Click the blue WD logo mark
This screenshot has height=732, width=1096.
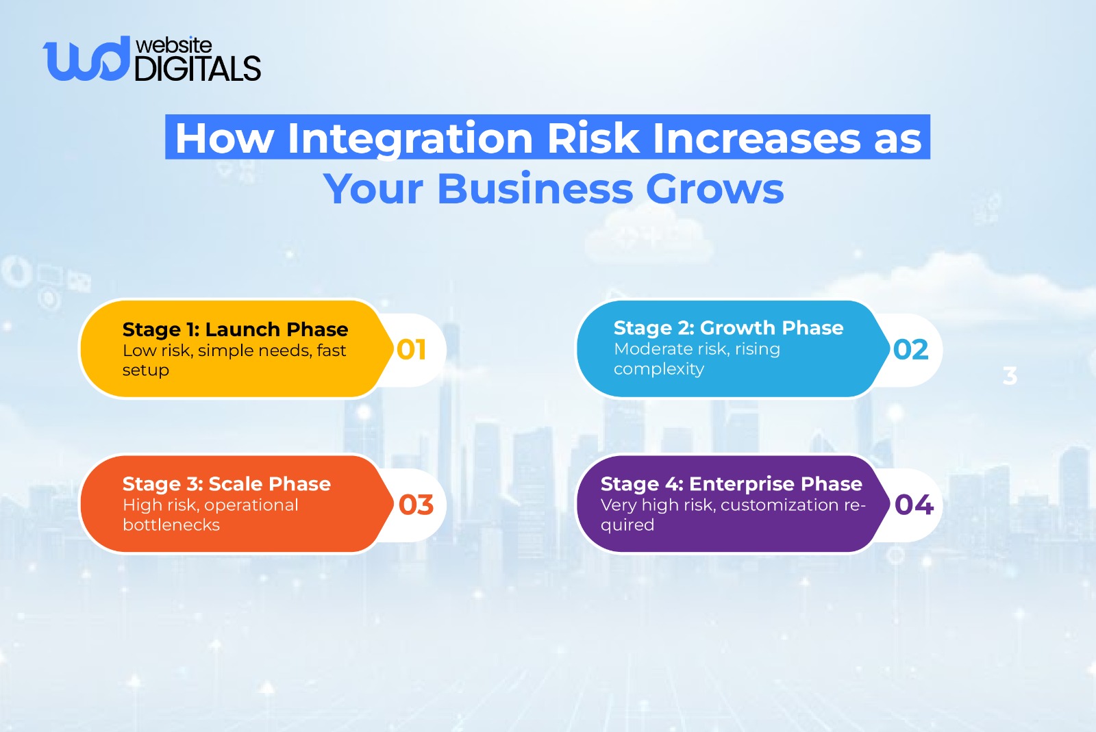point(86,59)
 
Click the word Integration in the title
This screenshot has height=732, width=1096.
point(410,138)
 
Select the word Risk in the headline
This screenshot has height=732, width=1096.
point(593,138)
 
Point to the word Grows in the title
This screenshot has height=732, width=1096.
point(715,189)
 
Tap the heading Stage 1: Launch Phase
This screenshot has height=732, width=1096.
point(236,329)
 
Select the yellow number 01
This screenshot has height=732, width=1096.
point(412,350)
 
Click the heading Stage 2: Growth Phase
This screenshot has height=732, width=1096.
point(729,327)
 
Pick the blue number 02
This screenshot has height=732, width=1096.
point(910,350)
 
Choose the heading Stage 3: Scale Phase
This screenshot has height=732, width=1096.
point(227,484)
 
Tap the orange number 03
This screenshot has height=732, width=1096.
point(416,505)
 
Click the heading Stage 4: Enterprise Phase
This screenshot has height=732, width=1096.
point(732,484)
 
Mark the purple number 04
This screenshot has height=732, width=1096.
point(914,505)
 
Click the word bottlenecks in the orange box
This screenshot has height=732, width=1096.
point(171,525)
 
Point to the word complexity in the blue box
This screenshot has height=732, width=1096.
point(659,369)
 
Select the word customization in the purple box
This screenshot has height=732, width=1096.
point(780,505)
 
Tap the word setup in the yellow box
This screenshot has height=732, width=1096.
point(146,370)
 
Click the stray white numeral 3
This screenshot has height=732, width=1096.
point(1010,376)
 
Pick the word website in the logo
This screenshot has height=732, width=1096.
point(174,45)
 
